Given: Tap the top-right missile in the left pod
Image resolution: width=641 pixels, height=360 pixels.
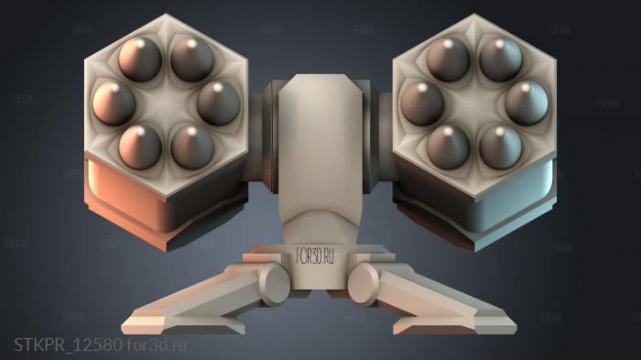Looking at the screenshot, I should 191,58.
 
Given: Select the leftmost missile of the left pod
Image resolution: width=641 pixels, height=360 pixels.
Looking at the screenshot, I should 114,101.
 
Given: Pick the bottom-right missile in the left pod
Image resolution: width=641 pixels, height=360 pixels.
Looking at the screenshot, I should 192,145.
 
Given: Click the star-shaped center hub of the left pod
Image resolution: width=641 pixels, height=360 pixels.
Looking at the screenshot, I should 166,102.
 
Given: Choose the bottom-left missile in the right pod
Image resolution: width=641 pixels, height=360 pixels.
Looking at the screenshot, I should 448,145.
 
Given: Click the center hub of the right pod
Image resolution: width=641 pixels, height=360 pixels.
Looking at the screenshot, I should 474,102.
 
